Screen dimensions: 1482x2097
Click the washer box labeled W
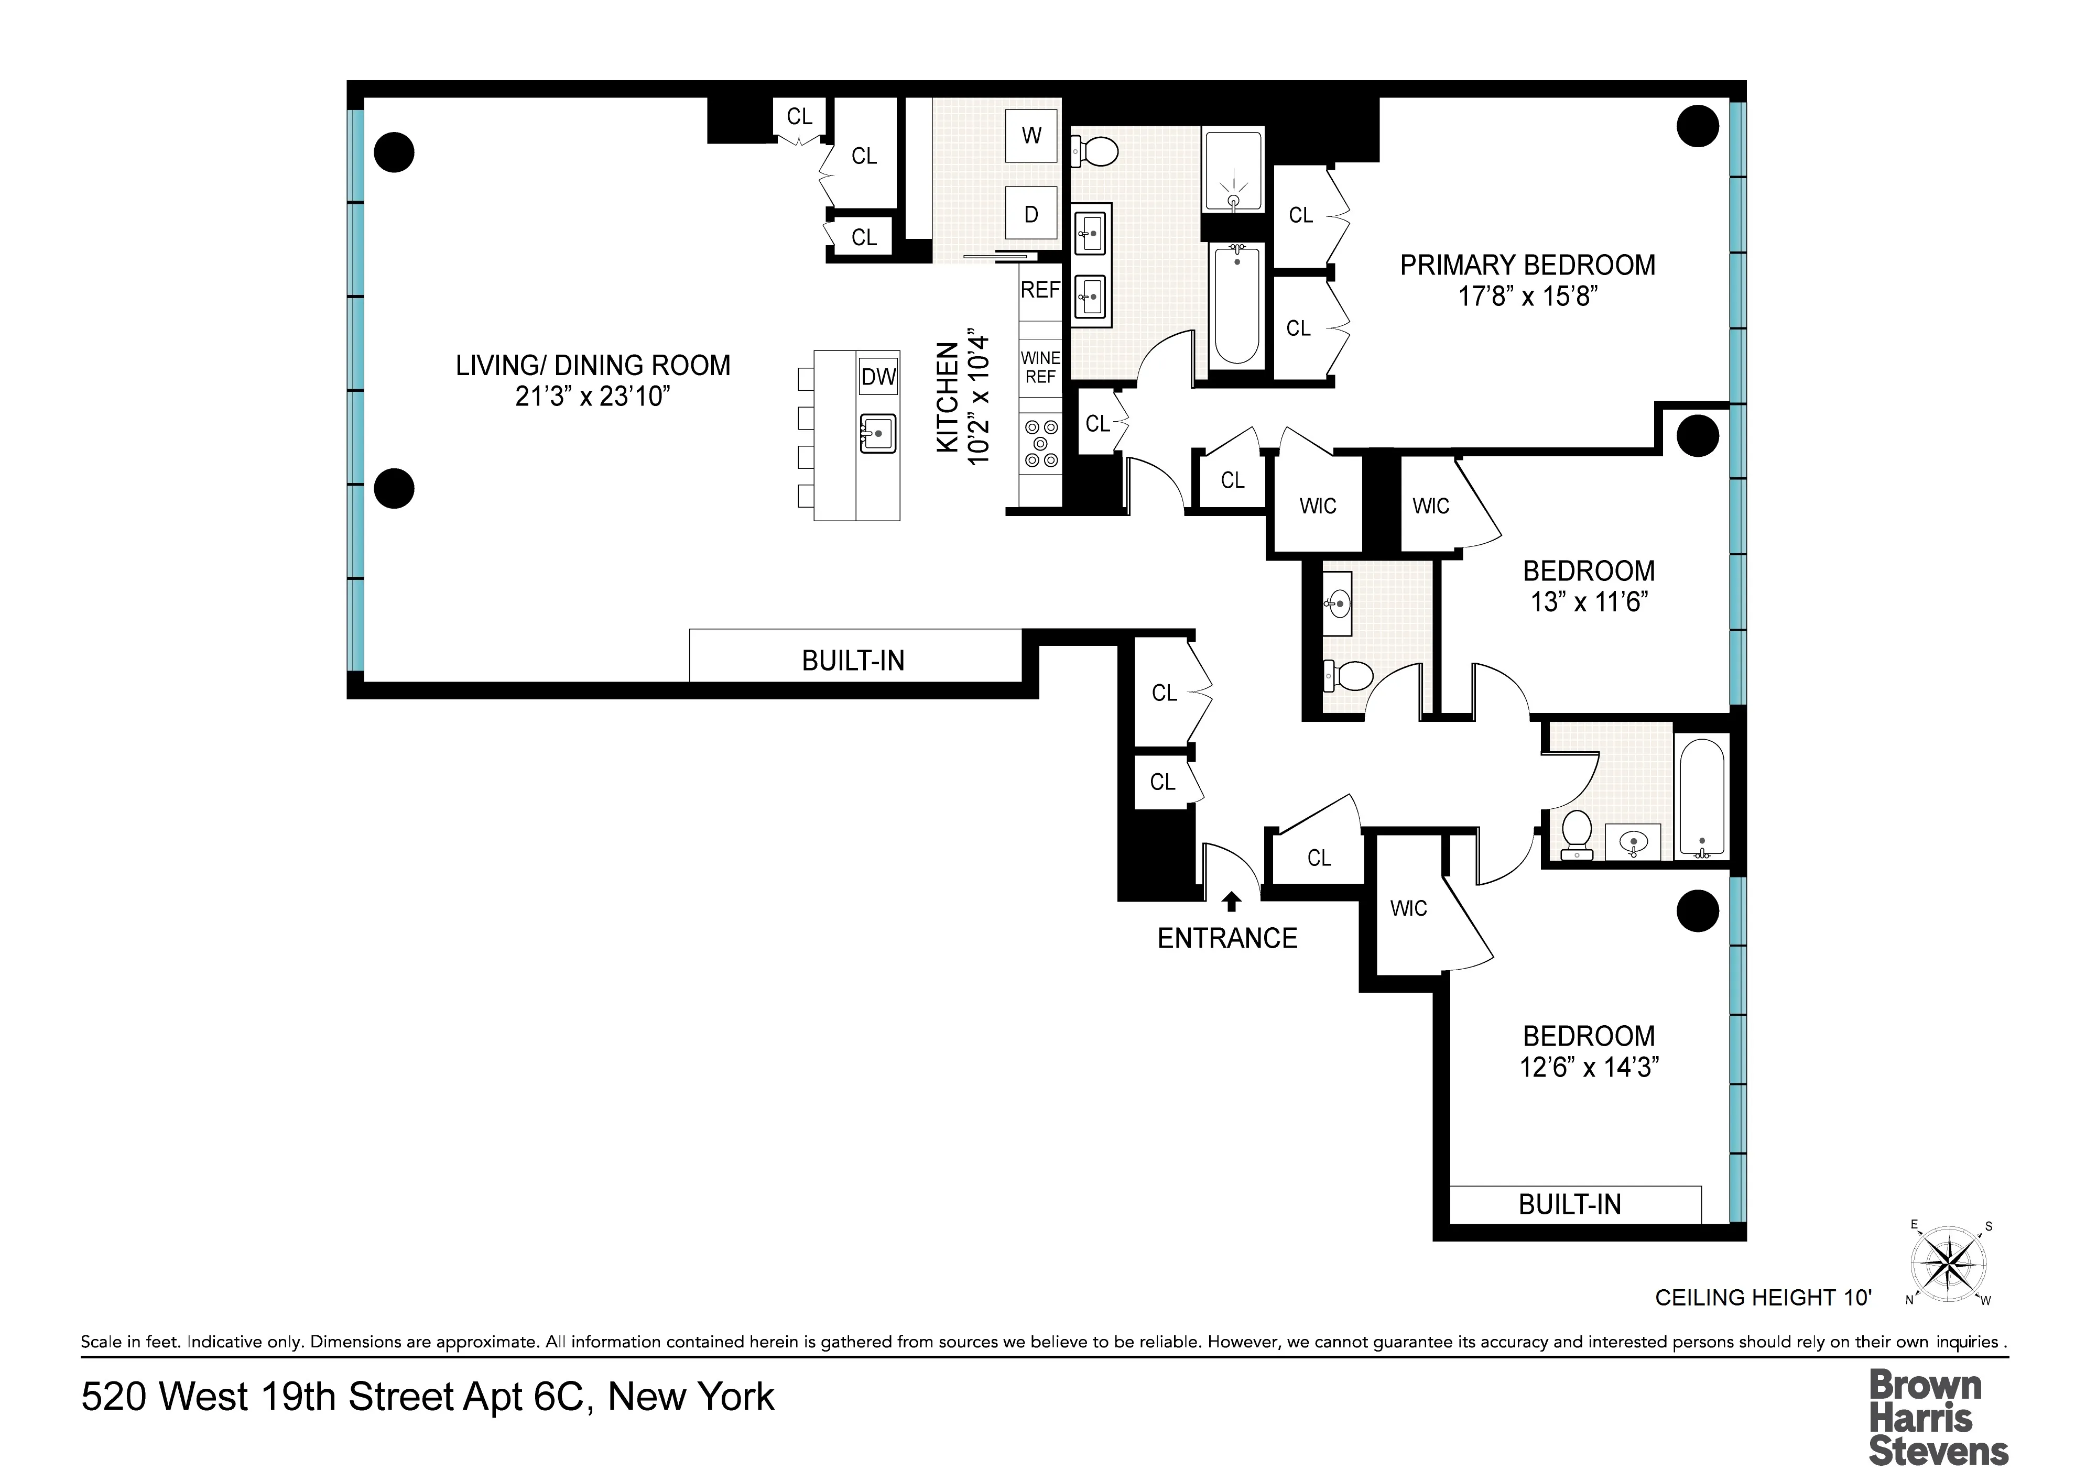point(1031,136)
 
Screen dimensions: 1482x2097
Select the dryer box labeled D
point(1031,215)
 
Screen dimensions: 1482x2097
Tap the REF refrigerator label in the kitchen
point(1040,290)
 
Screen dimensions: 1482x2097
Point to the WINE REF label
point(1040,368)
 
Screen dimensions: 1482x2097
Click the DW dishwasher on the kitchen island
point(878,377)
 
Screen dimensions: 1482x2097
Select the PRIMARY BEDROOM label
point(1527,266)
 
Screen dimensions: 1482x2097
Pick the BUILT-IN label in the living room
point(853,661)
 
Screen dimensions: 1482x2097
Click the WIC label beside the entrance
point(1408,908)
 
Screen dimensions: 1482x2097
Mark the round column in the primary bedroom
point(1698,126)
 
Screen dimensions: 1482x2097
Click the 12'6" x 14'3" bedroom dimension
point(1588,1068)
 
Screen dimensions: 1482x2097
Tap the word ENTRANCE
point(1226,939)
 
